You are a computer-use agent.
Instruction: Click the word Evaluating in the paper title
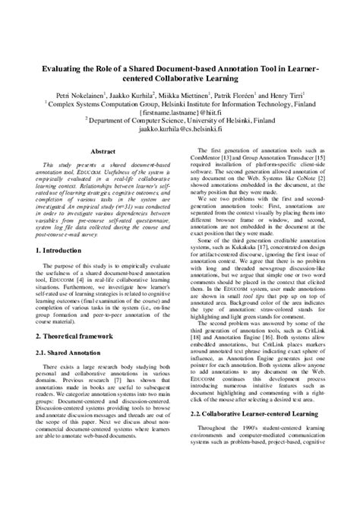tap(64, 68)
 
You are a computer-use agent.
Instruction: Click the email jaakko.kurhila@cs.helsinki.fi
tap(179, 129)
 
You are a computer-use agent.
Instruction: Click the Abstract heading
tap(103, 152)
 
